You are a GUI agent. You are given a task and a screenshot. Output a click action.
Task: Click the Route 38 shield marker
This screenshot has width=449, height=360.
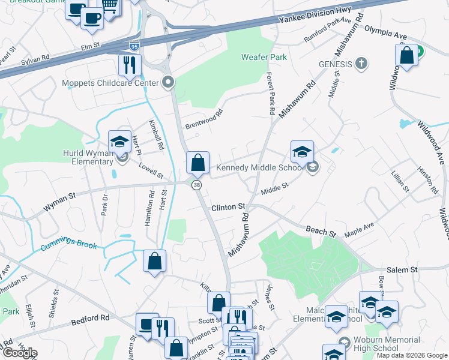point(196,186)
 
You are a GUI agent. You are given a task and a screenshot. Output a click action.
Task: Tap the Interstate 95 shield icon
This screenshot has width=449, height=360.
point(134,45)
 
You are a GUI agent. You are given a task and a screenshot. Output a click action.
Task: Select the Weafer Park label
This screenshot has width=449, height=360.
point(264,57)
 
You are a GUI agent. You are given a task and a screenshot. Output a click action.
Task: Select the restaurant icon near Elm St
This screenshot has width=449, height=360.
point(130,64)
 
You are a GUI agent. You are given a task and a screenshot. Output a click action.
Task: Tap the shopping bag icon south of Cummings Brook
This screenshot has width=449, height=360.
point(154,261)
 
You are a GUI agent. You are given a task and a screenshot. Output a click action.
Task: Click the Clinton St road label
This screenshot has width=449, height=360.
point(228,207)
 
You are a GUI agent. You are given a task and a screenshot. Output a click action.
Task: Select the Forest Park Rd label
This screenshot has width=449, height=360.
point(270,94)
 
